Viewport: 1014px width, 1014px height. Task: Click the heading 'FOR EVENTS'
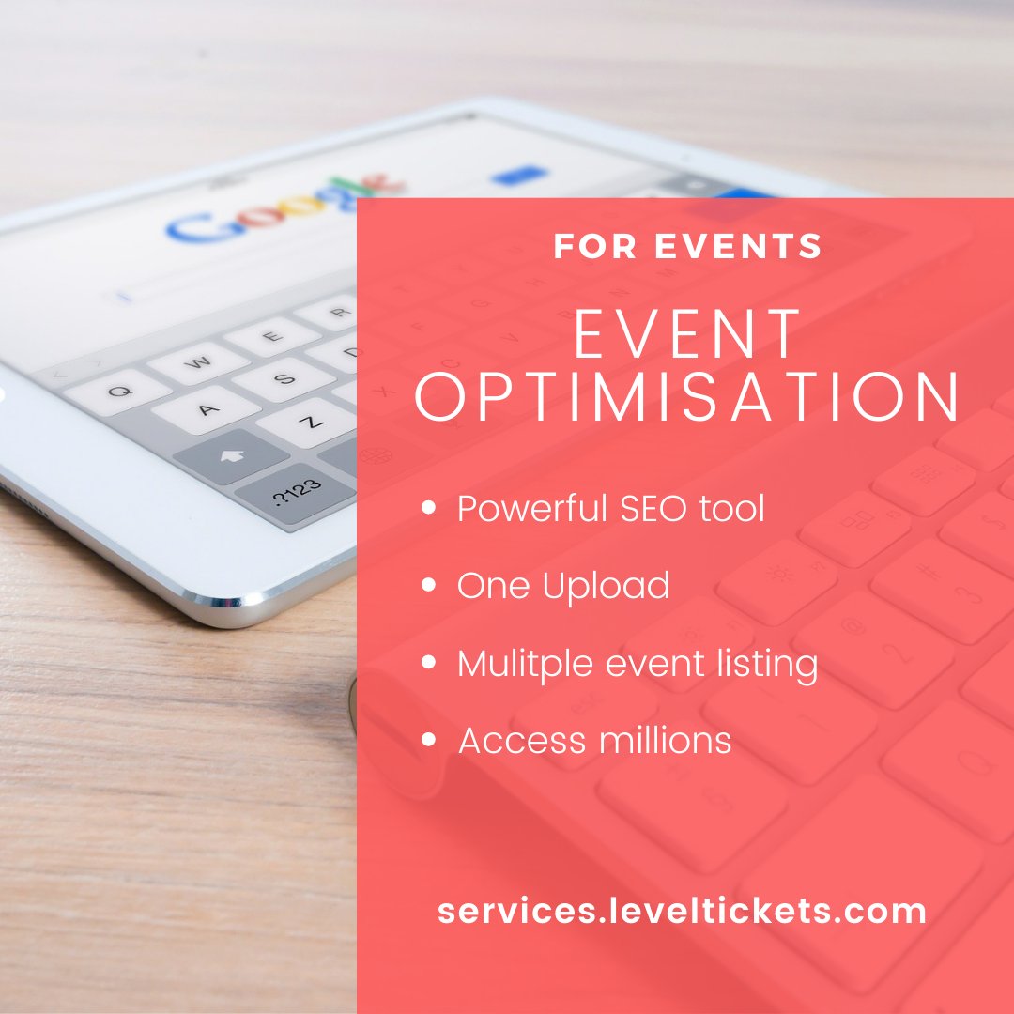[687, 246]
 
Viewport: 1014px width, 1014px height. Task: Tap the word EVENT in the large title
[688, 335]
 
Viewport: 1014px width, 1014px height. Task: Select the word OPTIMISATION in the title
[688, 397]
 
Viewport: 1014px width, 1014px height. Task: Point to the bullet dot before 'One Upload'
[430, 585]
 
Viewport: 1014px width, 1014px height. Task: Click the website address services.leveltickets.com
[682, 910]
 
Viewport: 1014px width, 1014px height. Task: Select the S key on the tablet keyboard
[284, 378]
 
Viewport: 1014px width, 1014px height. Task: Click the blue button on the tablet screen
[519, 175]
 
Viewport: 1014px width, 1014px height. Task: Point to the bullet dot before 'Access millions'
[430, 741]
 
